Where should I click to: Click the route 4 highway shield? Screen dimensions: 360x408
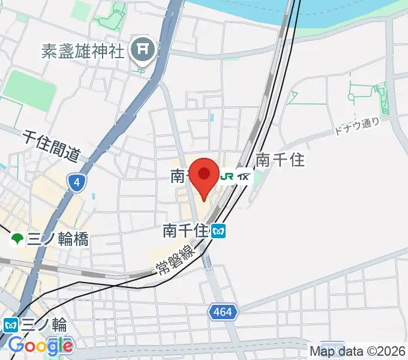[x=76, y=183]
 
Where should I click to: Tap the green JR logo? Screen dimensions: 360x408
[x=227, y=176]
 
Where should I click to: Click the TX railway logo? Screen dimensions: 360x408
[x=243, y=176]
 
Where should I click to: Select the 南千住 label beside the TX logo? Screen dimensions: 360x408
[x=281, y=160]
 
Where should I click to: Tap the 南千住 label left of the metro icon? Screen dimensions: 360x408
[x=185, y=230]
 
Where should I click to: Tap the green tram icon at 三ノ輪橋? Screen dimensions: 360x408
[x=17, y=240]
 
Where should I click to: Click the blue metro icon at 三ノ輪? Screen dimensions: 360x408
[x=10, y=325]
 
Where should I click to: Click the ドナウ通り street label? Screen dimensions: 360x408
[x=359, y=125]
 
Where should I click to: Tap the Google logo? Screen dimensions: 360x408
[x=41, y=346]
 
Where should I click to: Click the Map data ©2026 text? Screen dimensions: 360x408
[x=358, y=351]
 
